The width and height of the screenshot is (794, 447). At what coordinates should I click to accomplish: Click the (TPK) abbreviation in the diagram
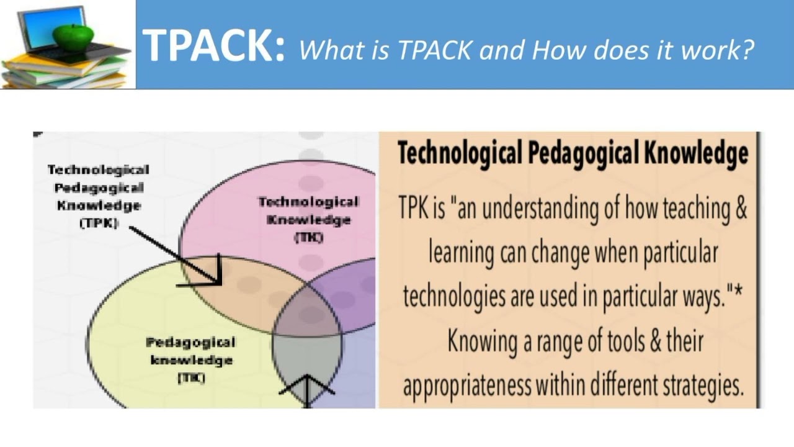click(x=99, y=223)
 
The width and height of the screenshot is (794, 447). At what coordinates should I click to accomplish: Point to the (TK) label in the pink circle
click(x=308, y=236)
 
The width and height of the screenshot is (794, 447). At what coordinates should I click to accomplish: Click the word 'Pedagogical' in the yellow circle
click(x=191, y=342)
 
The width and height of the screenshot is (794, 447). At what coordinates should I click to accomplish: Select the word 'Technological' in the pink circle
click(x=308, y=202)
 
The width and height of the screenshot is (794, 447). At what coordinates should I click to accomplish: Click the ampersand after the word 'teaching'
click(x=740, y=208)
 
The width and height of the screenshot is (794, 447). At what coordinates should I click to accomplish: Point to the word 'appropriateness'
click(x=466, y=385)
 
